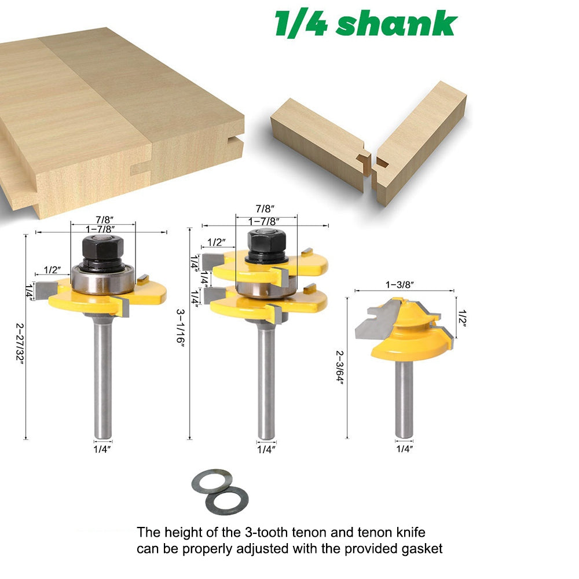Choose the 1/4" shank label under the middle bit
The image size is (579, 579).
point(266,448)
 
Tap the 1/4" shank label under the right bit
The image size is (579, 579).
point(404,448)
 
